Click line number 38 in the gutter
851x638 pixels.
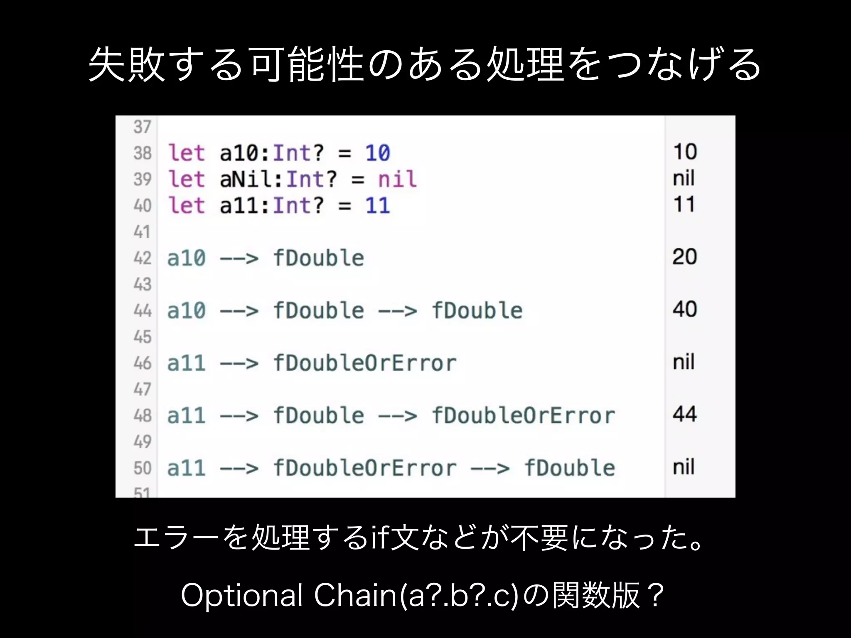(x=143, y=153)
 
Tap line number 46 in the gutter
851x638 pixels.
(x=143, y=363)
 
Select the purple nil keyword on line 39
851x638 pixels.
(x=397, y=179)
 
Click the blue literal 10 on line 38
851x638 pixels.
(x=377, y=153)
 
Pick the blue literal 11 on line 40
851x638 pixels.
(x=377, y=205)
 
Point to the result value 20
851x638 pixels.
(x=685, y=257)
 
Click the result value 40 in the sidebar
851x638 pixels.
(x=685, y=309)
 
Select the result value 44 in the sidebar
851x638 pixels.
(x=685, y=414)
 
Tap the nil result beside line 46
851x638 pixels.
(x=684, y=362)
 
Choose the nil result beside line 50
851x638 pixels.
(x=684, y=467)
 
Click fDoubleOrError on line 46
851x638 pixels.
(x=365, y=363)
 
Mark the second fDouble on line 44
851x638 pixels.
(x=477, y=311)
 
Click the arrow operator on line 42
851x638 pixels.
(x=239, y=258)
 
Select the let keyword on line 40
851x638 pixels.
(x=187, y=205)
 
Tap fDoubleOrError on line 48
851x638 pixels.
(x=523, y=415)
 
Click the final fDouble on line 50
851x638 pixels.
(x=569, y=468)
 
